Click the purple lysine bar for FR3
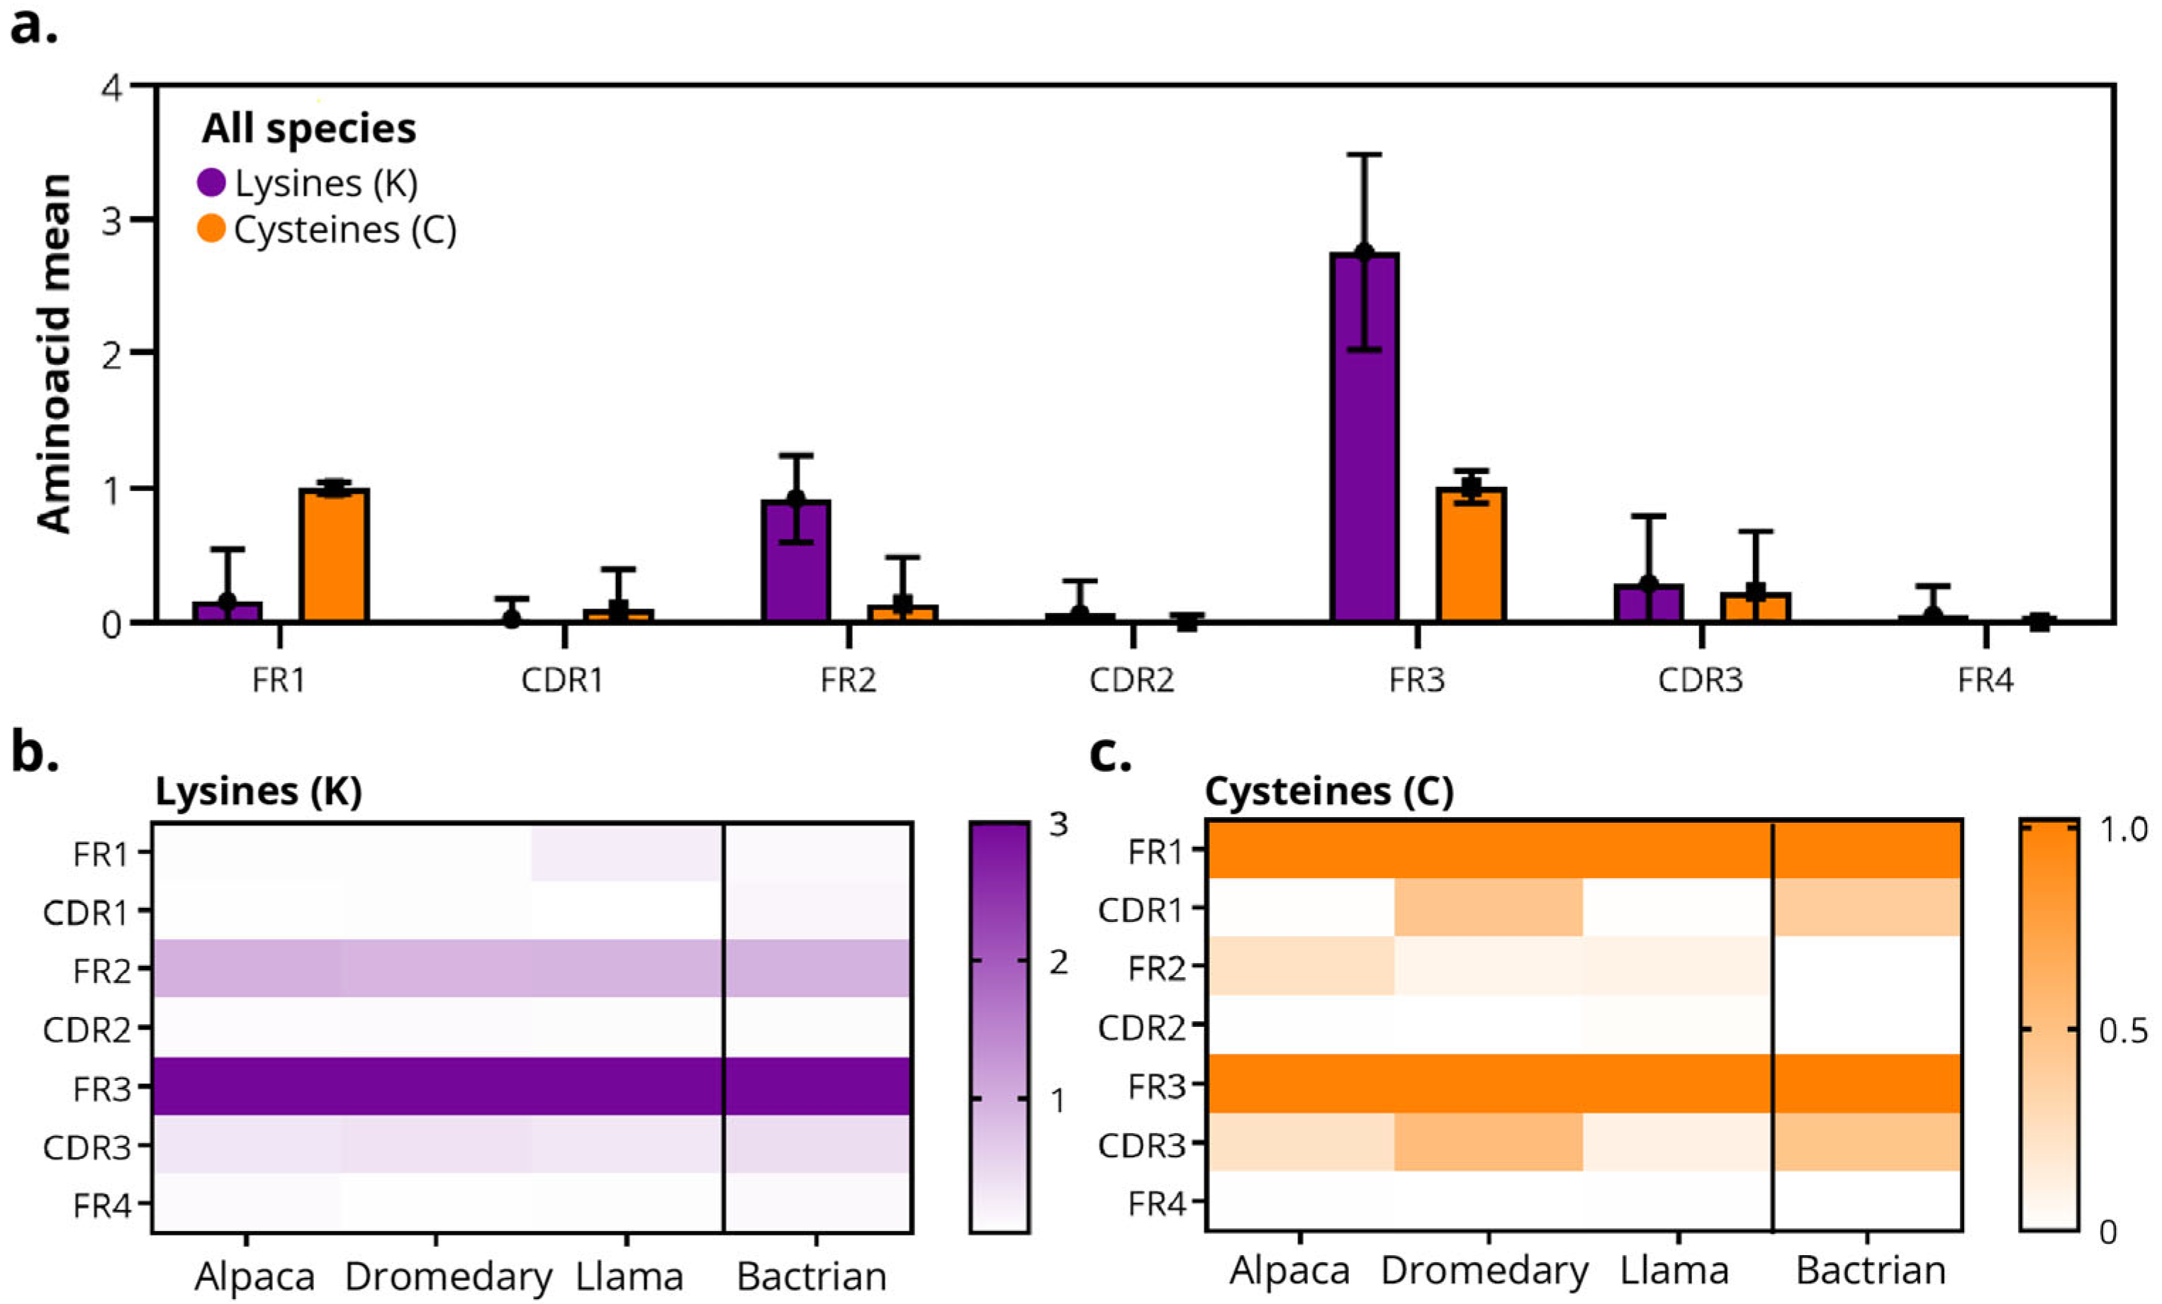1364,439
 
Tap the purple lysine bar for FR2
795,561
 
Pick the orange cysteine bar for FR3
1471,556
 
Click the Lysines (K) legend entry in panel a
307,184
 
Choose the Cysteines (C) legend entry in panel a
326,230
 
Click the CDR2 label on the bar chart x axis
1131,681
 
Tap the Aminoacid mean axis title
55,354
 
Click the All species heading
309,129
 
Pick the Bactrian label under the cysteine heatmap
1871,1271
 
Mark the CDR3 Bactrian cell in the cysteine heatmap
1867,1142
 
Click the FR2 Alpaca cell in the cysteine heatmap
1299,966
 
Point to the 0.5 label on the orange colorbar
2122,1030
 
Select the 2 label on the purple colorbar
1058,962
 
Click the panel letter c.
1109,755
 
